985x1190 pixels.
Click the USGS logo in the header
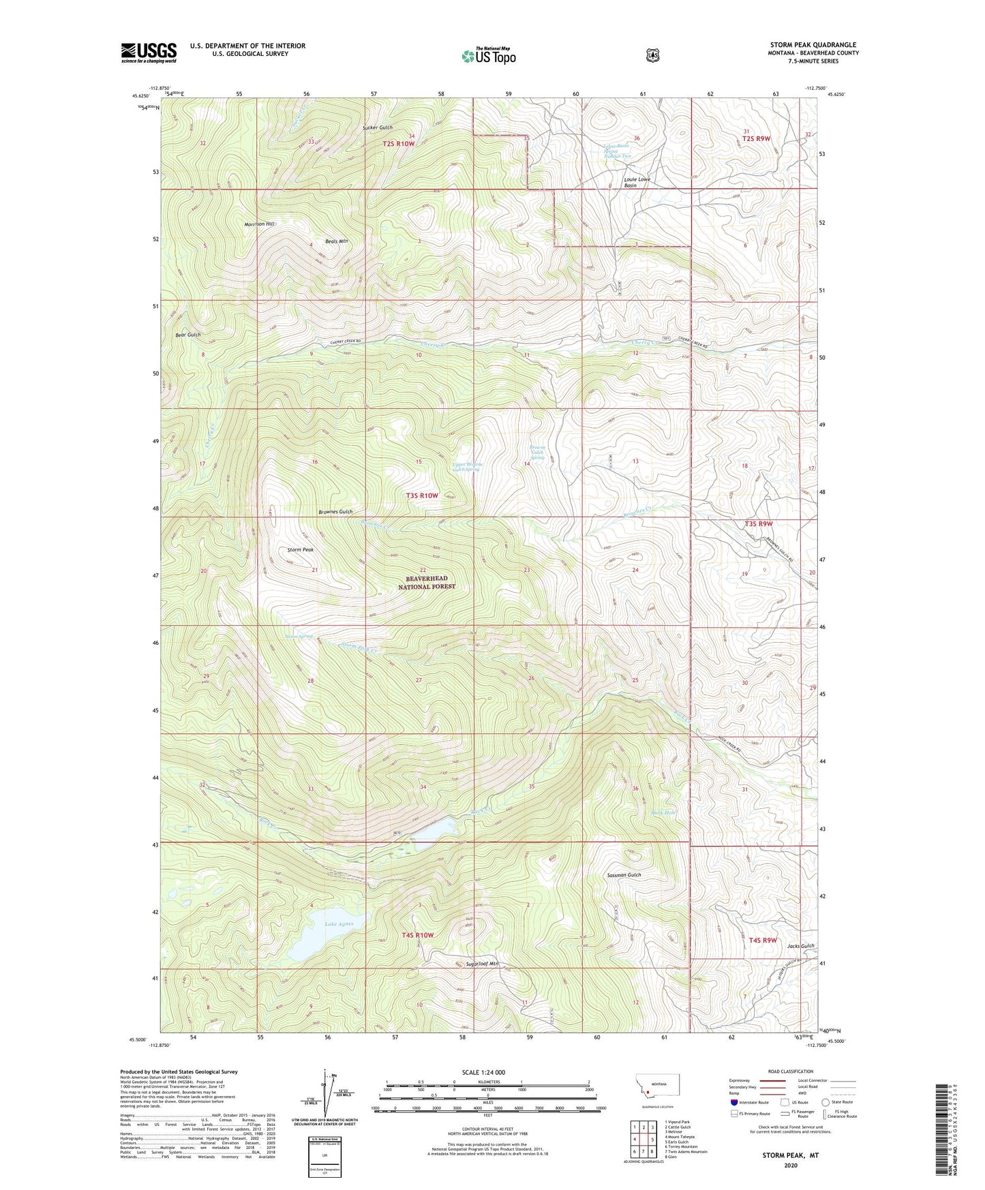[149, 52]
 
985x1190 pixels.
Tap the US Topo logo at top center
[487, 56]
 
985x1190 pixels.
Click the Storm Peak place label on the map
[300, 549]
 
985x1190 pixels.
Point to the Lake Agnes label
[339, 924]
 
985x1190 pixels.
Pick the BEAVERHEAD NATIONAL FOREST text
[427, 582]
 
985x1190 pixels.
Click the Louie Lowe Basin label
[637, 182]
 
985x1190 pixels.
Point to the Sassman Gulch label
[624, 874]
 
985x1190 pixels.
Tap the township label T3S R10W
[422, 495]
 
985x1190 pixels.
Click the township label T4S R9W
[763, 940]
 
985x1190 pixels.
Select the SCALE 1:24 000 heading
[483, 1072]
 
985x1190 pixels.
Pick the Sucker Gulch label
[378, 128]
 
